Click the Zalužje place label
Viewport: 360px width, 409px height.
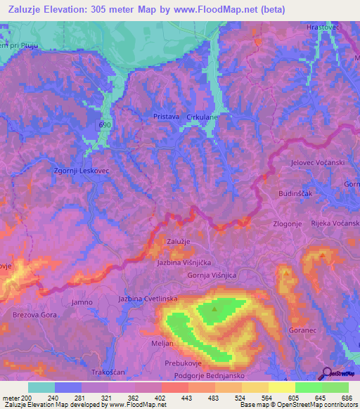(179, 241)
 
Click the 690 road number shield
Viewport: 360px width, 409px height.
(105, 123)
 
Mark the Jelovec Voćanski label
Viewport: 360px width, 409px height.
(316, 163)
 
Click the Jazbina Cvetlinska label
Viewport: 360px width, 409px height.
(148, 299)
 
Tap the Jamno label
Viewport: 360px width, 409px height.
(82, 302)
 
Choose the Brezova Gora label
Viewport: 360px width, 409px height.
(34, 316)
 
